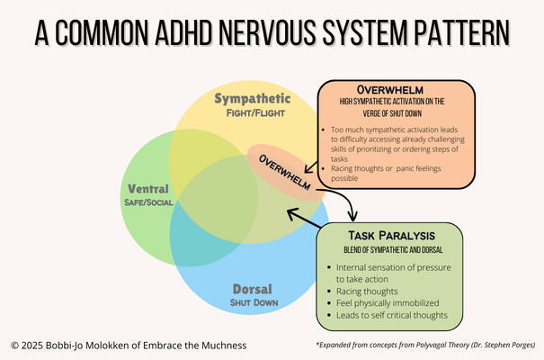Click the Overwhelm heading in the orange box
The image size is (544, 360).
click(394, 90)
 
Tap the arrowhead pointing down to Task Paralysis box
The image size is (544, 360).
click(353, 216)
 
